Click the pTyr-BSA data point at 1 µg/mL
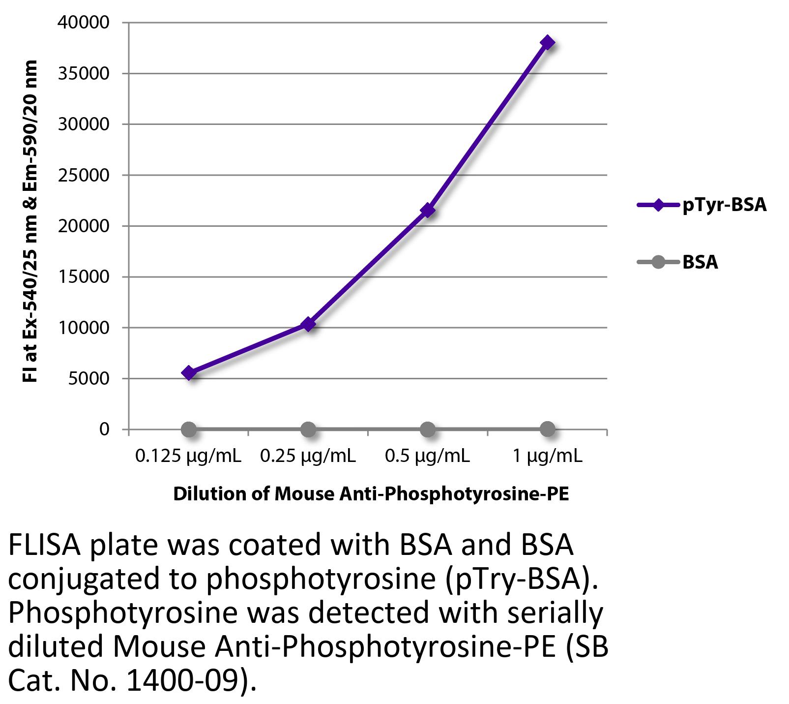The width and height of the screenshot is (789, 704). click(x=547, y=43)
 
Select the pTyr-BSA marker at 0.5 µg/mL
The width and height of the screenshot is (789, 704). click(x=428, y=211)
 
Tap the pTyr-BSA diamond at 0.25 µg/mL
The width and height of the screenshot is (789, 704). click(x=308, y=324)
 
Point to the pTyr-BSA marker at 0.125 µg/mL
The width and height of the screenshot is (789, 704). click(x=189, y=373)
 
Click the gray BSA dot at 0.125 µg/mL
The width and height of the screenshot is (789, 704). click(x=189, y=429)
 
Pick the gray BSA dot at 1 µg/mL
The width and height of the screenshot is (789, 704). click(x=547, y=429)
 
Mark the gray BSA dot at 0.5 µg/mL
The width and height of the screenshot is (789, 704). click(x=428, y=429)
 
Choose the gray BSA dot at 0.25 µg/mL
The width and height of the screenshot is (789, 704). click(x=308, y=429)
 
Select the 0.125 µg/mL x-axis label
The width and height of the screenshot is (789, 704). click(x=189, y=457)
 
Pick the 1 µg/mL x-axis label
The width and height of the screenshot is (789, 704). click(x=547, y=457)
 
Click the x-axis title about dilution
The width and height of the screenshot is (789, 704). click(x=371, y=493)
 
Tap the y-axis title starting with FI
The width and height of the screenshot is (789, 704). click(x=30, y=221)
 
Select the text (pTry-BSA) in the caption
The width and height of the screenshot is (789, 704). click(x=511, y=580)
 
